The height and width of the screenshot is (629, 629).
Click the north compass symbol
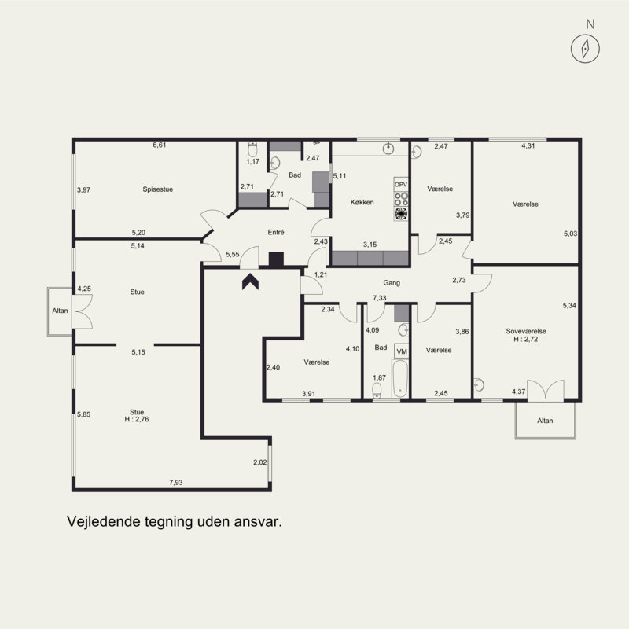pyautogui.click(x=585, y=49)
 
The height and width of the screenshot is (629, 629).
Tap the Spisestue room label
pyautogui.click(x=158, y=189)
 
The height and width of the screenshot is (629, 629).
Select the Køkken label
pyautogui.click(x=362, y=202)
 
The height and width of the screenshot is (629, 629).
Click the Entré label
pyautogui.click(x=276, y=232)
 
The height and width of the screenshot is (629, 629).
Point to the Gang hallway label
pyautogui.click(x=392, y=283)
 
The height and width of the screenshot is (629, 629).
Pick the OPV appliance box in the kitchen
pyautogui.click(x=401, y=185)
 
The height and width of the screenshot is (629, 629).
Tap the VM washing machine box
pyautogui.click(x=402, y=351)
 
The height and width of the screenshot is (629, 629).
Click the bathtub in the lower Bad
pyautogui.click(x=399, y=379)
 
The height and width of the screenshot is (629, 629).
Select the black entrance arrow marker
pyautogui.click(x=250, y=281)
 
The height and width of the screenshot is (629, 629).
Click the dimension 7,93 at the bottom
pyautogui.click(x=175, y=482)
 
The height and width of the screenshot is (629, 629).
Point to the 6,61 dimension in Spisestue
pyautogui.click(x=160, y=145)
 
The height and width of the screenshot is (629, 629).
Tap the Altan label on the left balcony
pyautogui.click(x=61, y=311)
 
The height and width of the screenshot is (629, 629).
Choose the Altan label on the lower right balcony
pyautogui.click(x=545, y=421)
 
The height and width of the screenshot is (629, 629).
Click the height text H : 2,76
pyautogui.click(x=137, y=419)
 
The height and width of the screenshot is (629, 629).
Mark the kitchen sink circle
pyautogui.click(x=388, y=149)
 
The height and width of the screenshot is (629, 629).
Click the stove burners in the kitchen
pyautogui.click(x=401, y=200)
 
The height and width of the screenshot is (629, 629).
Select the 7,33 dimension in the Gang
pyautogui.click(x=379, y=298)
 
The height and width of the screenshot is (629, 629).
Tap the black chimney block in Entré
pyautogui.click(x=276, y=259)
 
